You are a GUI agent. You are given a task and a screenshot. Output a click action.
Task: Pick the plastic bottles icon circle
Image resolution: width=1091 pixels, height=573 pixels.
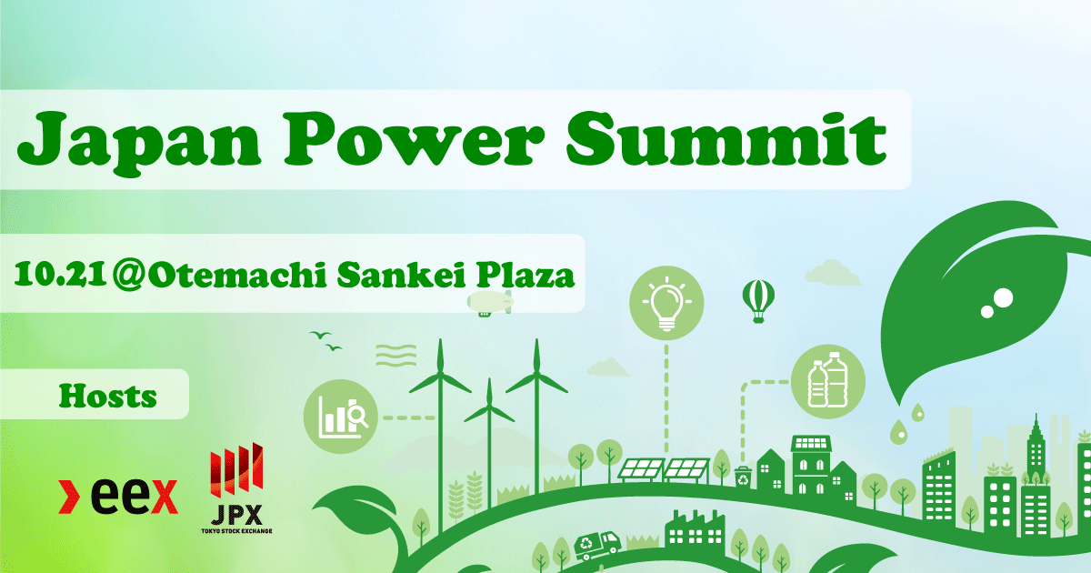pyautogui.click(x=826, y=381)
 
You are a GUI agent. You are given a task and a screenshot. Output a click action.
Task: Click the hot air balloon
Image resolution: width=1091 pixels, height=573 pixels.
pyautogui.click(x=757, y=299)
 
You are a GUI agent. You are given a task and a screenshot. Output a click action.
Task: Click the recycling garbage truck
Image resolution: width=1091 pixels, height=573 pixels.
pyautogui.click(x=596, y=544)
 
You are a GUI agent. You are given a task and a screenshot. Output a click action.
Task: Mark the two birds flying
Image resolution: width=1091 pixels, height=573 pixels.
pyautogui.click(x=325, y=340)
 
